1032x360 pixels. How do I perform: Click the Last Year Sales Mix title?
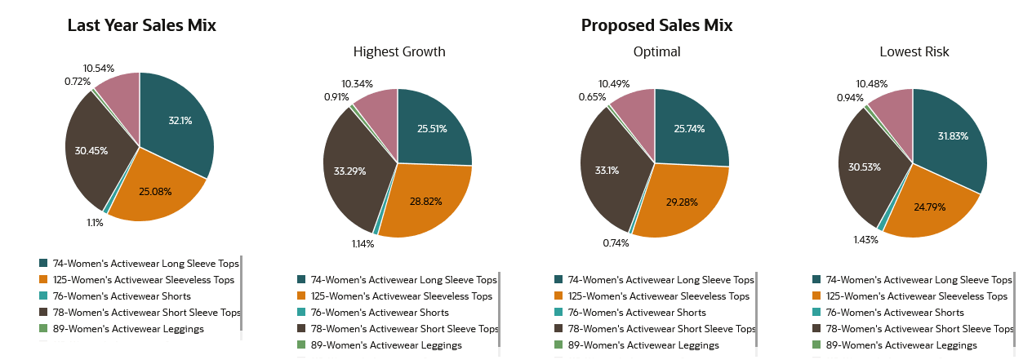(141, 25)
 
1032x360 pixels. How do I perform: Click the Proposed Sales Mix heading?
(656, 25)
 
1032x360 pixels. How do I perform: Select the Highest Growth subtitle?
(399, 52)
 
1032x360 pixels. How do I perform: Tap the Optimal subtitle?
(656, 52)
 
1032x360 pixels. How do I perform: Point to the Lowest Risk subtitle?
(914, 52)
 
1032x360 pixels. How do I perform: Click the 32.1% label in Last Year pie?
(180, 121)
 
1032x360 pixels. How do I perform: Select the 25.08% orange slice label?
(156, 192)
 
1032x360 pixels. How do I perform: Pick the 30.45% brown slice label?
(91, 151)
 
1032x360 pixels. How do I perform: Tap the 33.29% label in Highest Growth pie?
(349, 171)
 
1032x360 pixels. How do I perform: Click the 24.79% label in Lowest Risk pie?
(928, 207)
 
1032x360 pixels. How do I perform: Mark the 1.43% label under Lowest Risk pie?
(865, 240)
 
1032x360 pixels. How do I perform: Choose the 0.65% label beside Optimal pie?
(593, 97)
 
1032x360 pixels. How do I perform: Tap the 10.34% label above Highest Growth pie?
(358, 84)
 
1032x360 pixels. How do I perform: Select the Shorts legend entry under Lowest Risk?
(894, 313)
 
